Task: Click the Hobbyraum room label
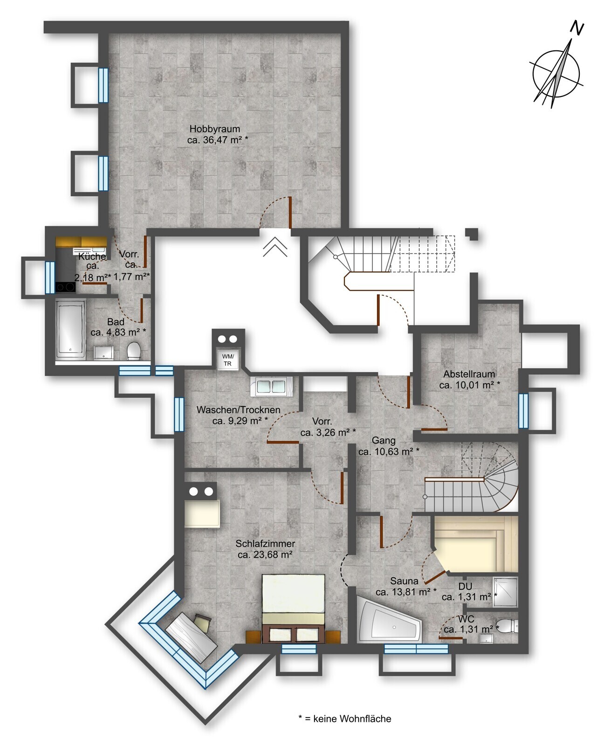(x=215, y=129)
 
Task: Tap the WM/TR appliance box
(x=227, y=359)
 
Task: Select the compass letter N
(x=577, y=28)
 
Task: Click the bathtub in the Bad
(x=70, y=329)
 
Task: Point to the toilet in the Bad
(x=133, y=351)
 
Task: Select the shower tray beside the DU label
(x=505, y=592)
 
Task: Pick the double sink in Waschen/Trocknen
(x=271, y=386)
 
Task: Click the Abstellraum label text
(x=469, y=374)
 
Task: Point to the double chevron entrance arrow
(x=275, y=247)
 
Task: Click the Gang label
(x=384, y=440)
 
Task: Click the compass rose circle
(x=556, y=74)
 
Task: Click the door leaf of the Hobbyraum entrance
(x=290, y=213)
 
